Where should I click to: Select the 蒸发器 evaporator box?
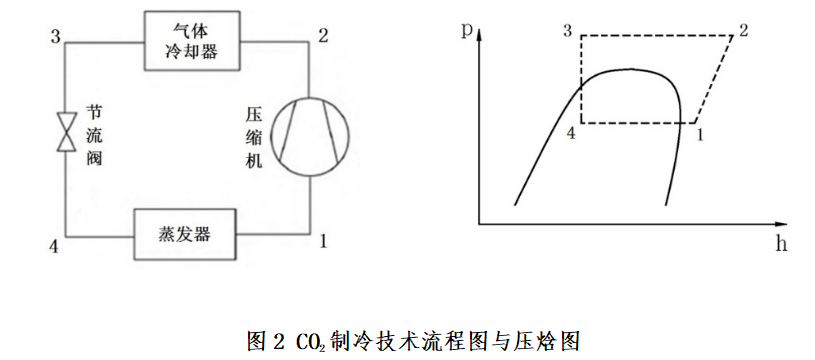[x=184, y=234]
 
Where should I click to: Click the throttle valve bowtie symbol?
[x=66, y=132]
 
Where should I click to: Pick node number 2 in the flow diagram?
[x=322, y=37]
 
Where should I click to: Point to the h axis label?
[x=780, y=242]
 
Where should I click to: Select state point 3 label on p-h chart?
[x=568, y=30]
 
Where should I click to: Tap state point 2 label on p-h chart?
[x=743, y=30]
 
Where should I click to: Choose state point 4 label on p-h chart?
[x=571, y=133]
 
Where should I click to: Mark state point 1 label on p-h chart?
[x=701, y=134]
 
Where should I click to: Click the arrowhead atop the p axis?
[x=481, y=34]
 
